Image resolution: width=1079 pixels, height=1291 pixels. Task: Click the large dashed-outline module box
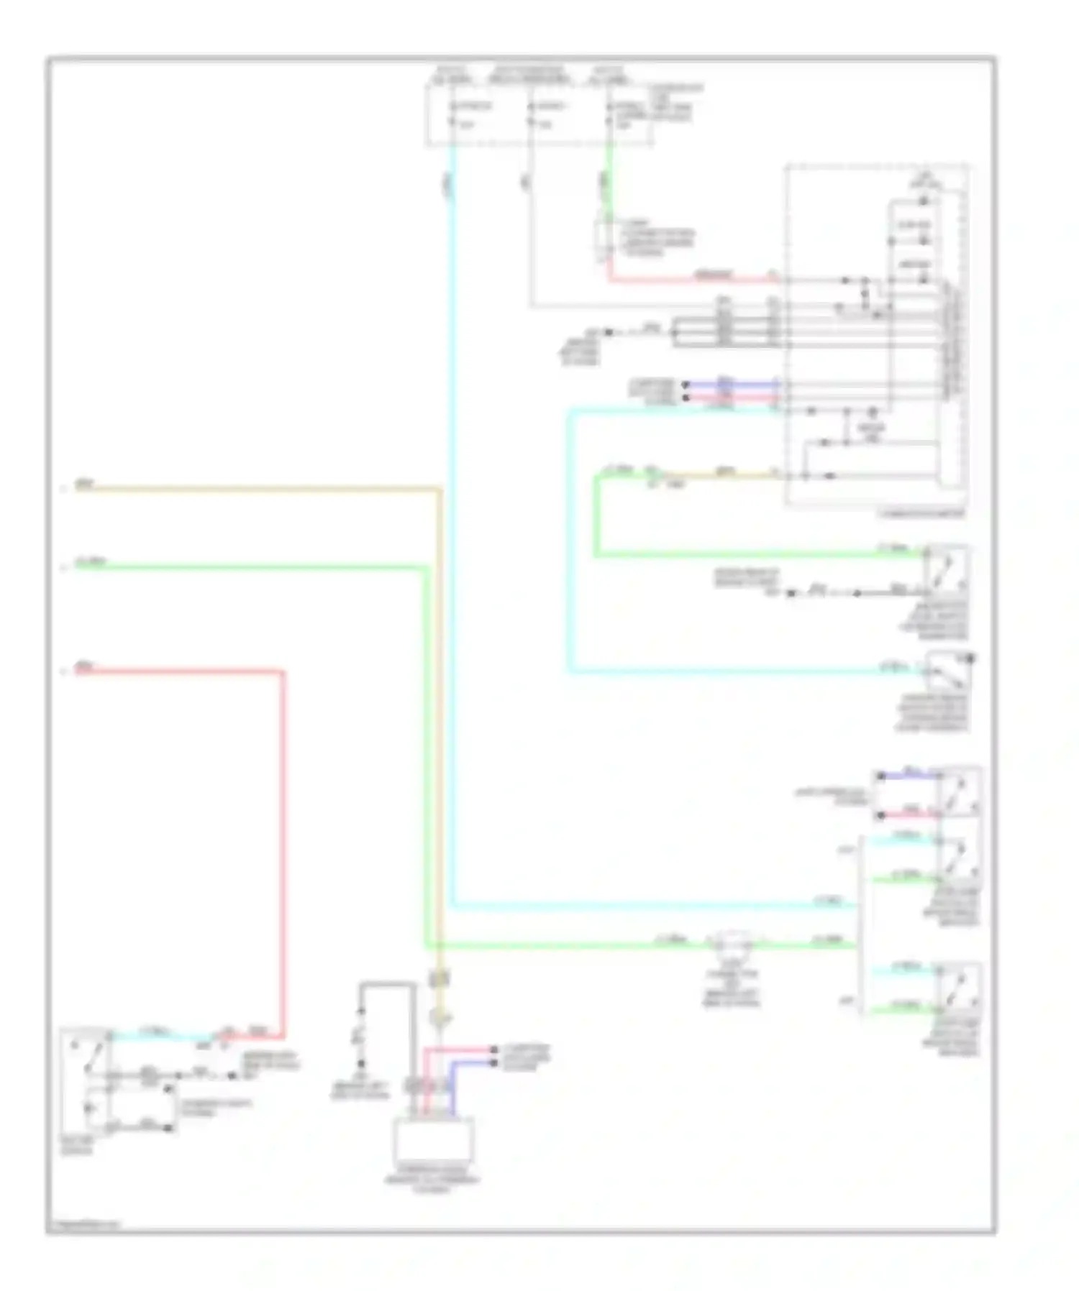876,336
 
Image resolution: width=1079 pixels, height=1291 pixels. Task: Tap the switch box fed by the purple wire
960,792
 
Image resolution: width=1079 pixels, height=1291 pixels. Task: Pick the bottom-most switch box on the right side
960,989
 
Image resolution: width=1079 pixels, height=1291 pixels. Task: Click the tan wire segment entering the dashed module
719,475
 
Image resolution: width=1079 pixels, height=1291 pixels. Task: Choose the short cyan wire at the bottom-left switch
162,1035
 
